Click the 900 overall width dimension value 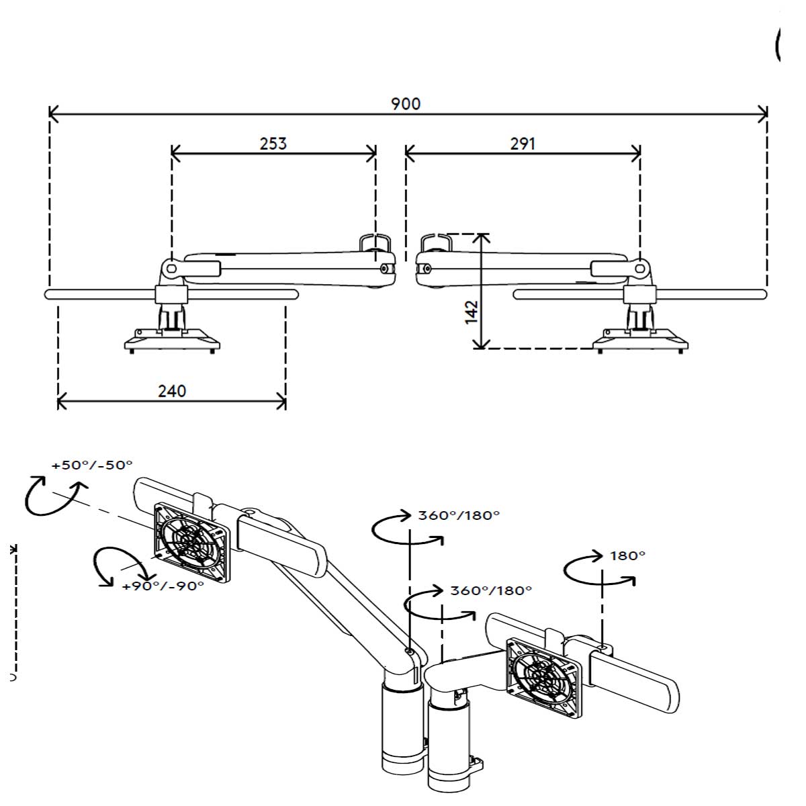pos(406,103)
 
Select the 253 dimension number pos(273,143)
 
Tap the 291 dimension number pos(523,143)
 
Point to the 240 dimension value pos(172,391)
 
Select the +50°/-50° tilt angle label pos(93,465)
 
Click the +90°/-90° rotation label pos(163,586)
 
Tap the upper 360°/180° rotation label pos(459,515)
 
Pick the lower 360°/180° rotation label pos(491,590)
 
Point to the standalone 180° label pos(627,555)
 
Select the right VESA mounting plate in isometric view pos(545,676)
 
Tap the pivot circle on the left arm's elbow pos(171,268)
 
